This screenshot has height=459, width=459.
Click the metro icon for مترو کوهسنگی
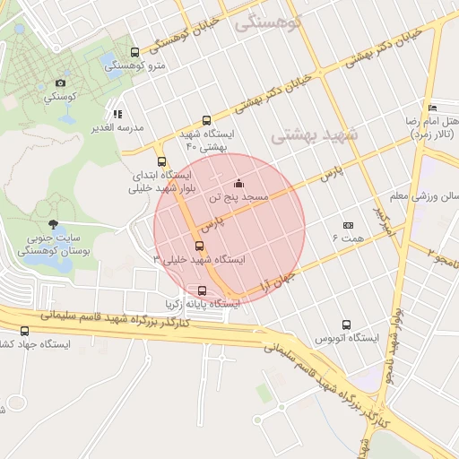point(134,52)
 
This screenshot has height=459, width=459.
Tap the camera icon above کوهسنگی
point(60,82)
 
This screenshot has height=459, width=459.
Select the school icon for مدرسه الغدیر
point(117,114)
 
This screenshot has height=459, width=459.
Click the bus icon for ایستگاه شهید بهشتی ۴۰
point(207,120)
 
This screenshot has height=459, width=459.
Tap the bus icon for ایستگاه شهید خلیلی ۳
point(199,246)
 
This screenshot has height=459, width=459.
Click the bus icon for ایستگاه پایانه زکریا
point(202,290)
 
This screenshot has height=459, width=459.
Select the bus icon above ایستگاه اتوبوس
point(347,325)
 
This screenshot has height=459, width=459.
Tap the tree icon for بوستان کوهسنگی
point(54,224)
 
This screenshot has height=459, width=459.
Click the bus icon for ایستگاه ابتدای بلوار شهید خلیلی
point(161,161)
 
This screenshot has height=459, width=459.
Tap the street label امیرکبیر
point(383,222)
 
